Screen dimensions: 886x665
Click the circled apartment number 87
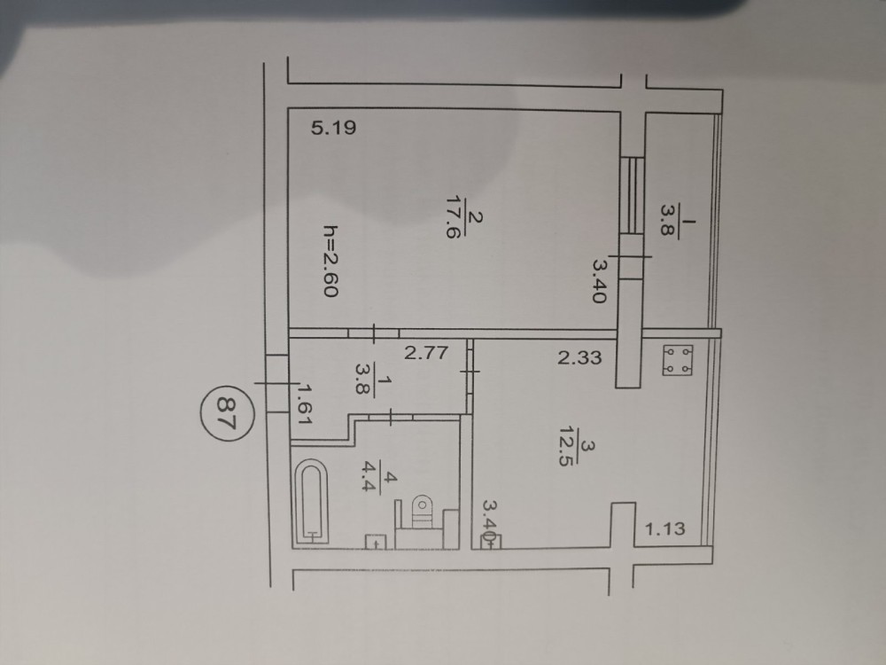227,413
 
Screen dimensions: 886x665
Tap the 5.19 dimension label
333,128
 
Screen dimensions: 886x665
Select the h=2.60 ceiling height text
330,261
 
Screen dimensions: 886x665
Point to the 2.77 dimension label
426,353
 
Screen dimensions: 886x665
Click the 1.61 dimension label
305,404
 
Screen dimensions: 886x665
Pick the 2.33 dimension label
579,357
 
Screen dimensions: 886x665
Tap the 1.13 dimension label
665,529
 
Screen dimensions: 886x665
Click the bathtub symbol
311,502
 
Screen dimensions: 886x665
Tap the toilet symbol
421,512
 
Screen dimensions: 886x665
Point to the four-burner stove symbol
678,360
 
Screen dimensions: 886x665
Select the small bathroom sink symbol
375,542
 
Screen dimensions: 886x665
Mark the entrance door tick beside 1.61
276,384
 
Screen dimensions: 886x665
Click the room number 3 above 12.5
587,447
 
